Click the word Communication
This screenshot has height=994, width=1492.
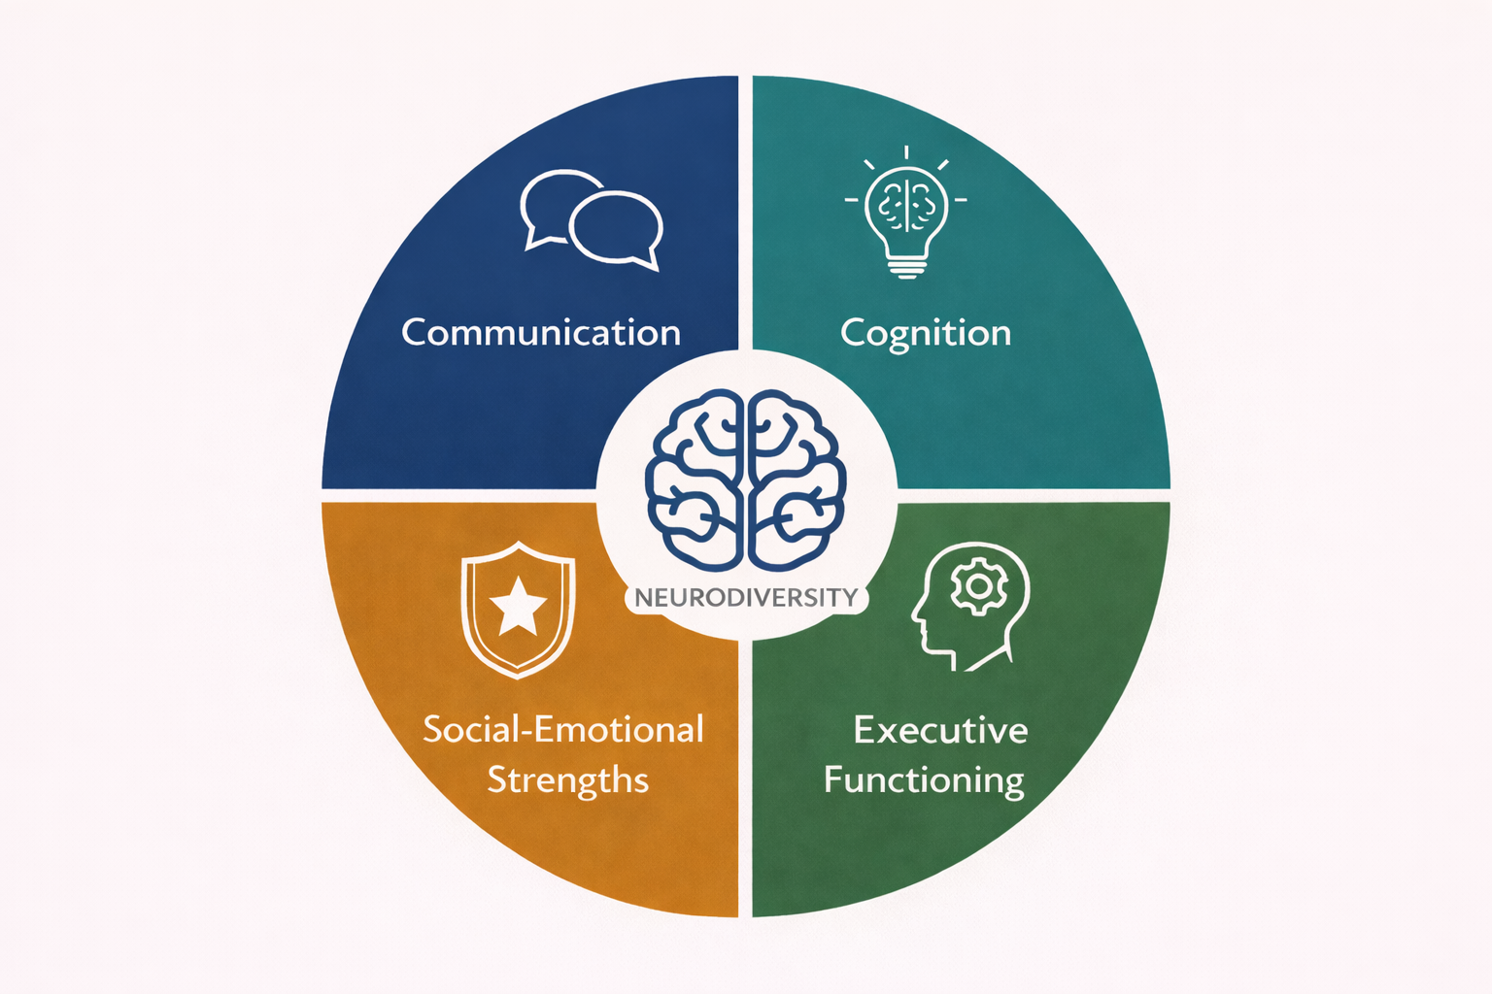(x=541, y=333)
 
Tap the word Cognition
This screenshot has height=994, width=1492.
(x=925, y=334)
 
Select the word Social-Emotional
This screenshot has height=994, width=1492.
(x=563, y=730)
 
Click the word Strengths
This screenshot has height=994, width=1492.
(x=567, y=780)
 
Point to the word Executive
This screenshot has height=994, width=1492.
(x=940, y=730)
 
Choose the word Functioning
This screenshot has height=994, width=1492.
(x=924, y=780)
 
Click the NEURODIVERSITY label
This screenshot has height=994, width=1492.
(x=746, y=597)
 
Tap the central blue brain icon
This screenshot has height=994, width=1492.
(x=746, y=480)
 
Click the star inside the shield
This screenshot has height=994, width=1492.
(x=518, y=606)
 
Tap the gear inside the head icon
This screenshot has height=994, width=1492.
(x=978, y=585)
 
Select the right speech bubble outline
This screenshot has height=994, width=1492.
(x=618, y=229)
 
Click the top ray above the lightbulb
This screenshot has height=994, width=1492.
(x=906, y=152)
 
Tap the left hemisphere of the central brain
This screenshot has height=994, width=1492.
(x=695, y=480)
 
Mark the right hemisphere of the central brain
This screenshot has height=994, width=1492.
(x=797, y=480)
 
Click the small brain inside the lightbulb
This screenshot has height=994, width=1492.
(x=906, y=204)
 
